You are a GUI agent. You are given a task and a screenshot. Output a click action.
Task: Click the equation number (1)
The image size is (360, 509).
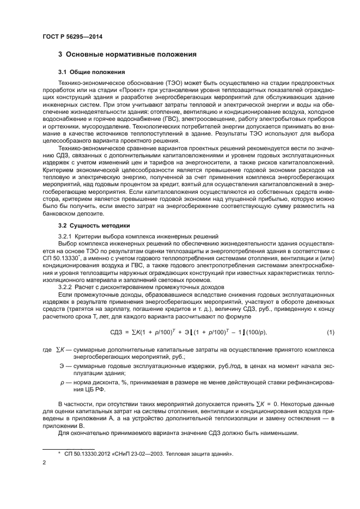[x=330, y=332]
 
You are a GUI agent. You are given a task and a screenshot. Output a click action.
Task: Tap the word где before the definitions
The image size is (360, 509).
[x=46, y=348]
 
